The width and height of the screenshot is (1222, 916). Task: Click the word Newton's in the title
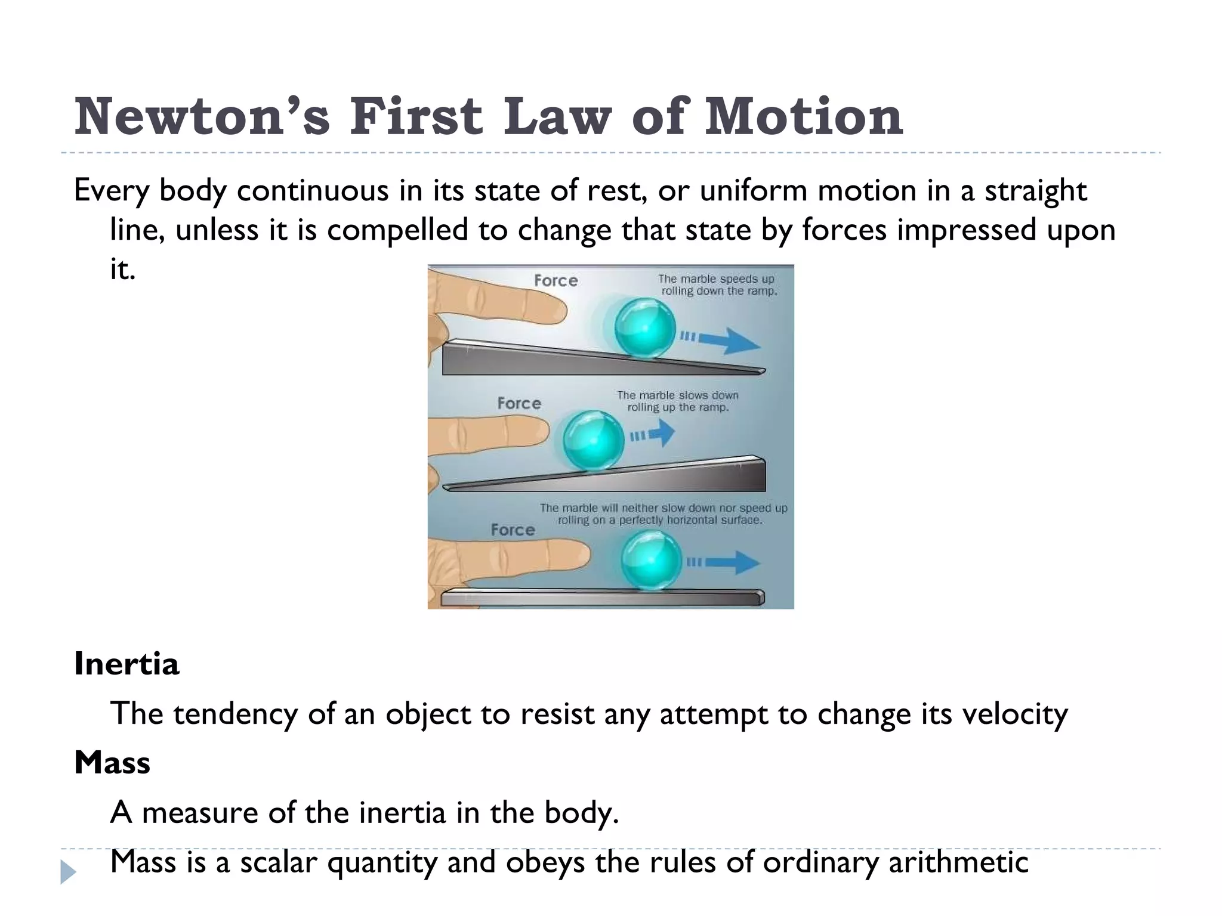202,116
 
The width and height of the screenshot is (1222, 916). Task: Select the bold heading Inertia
126,664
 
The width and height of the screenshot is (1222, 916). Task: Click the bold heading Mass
112,762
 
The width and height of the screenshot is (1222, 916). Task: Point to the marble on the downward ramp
644,328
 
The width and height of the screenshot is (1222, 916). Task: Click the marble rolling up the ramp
593,441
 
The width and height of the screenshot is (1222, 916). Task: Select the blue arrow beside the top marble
729,341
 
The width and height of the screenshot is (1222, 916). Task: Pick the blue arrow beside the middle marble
659,434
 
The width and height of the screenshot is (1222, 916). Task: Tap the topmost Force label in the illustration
556,281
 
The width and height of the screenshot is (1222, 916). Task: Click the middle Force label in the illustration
519,404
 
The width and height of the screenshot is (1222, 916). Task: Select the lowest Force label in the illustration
513,530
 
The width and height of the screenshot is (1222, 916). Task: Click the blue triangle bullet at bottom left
68,872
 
